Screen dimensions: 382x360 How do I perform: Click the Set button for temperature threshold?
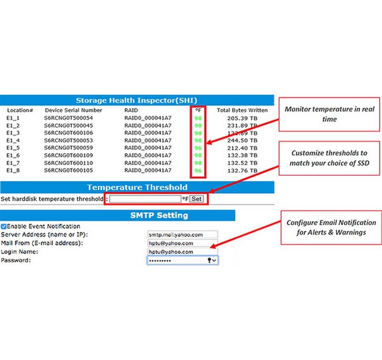tap(197, 199)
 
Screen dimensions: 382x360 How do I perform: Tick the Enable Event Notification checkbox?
tap(4, 226)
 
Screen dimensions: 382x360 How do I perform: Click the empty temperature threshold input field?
tap(145, 199)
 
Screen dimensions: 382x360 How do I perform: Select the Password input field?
tap(183, 260)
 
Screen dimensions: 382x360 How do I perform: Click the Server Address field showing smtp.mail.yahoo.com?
tap(183, 234)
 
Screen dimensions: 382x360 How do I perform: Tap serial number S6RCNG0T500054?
tap(68, 118)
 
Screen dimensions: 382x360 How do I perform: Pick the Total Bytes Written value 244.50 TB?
tap(242, 140)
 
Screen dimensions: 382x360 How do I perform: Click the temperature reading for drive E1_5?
tap(198, 148)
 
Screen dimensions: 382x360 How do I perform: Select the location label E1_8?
tap(13, 170)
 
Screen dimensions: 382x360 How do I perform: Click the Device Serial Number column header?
tap(73, 110)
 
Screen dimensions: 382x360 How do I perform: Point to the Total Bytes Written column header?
tap(242, 110)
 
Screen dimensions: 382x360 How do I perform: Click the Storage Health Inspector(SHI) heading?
tap(136, 100)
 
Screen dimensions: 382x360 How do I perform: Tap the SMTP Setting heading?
tap(159, 215)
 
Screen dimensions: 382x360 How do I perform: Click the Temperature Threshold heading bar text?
tap(137, 187)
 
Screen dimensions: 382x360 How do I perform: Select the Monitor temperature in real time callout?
tap(329, 114)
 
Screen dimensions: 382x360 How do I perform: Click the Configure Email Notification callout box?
tap(331, 228)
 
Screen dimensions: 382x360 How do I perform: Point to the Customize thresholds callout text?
tap(329, 158)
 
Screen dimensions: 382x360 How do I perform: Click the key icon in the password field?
tap(209, 260)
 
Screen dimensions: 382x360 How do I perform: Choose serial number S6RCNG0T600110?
tap(68, 163)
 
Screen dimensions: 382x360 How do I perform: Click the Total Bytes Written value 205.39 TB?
tap(242, 118)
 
